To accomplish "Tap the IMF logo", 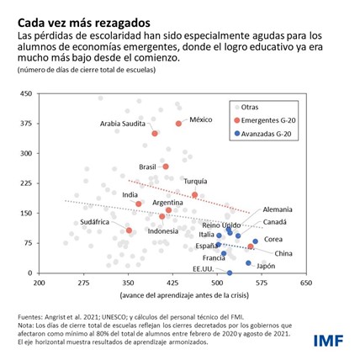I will (x=329, y=340).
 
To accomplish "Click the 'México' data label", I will (x=200, y=119).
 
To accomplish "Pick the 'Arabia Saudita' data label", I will (x=123, y=124).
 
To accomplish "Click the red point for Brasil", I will (x=166, y=167).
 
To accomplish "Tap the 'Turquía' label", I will (x=195, y=181).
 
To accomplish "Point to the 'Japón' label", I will (x=266, y=266).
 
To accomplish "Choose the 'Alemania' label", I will (x=278, y=209).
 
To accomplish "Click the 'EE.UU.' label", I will (x=203, y=268).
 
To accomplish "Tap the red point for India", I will (x=139, y=204).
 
